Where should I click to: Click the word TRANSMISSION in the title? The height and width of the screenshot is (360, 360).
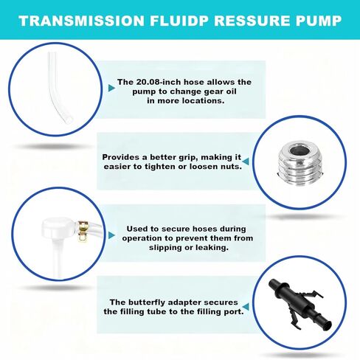[x=81, y=21]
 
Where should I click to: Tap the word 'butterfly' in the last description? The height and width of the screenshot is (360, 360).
[x=148, y=302]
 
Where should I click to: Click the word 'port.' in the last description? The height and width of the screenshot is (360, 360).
[x=233, y=312]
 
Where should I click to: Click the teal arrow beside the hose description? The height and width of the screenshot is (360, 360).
[x=111, y=88]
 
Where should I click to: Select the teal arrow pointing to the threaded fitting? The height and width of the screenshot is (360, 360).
[x=246, y=162]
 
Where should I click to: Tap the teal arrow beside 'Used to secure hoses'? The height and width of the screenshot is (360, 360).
[x=111, y=235]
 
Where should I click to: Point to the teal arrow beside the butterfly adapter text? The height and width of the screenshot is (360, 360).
[x=246, y=307]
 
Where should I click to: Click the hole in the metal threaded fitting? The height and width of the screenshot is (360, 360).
[x=300, y=150]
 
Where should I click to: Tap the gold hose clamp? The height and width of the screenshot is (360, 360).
[x=83, y=231]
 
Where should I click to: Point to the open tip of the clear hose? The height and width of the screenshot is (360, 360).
[x=69, y=120]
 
